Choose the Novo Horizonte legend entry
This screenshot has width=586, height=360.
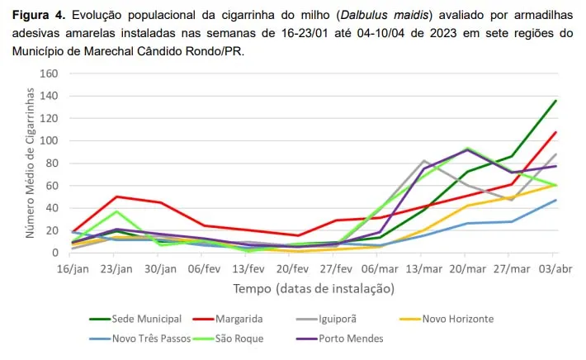458,318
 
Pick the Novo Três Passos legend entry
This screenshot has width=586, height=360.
151,338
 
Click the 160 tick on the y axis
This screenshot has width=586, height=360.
49,73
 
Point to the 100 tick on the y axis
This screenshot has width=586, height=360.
49,140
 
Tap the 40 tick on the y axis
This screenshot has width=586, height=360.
51,207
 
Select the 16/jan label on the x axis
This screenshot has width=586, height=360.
72,268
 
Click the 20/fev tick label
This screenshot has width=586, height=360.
291,268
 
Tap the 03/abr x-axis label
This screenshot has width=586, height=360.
555,268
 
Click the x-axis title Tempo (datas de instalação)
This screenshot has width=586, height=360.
314,289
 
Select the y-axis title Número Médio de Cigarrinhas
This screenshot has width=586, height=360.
31,165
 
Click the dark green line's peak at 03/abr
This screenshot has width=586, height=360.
555,101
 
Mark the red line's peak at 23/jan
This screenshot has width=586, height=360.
116,197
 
